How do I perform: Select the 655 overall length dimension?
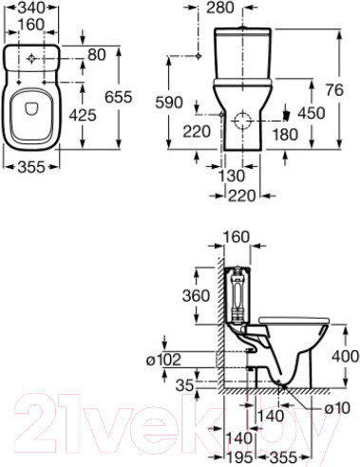[x=119, y=97]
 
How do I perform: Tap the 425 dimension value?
[x=83, y=115]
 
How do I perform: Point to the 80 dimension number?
[x=97, y=55]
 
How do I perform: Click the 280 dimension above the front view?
[x=220, y=8]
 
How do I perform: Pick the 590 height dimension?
[x=169, y=103]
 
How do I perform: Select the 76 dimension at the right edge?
[x=334, y=90]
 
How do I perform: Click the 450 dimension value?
[x=312, y=113]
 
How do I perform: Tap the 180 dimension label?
[x=285, y=135]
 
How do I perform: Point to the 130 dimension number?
[x=232, y=176]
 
